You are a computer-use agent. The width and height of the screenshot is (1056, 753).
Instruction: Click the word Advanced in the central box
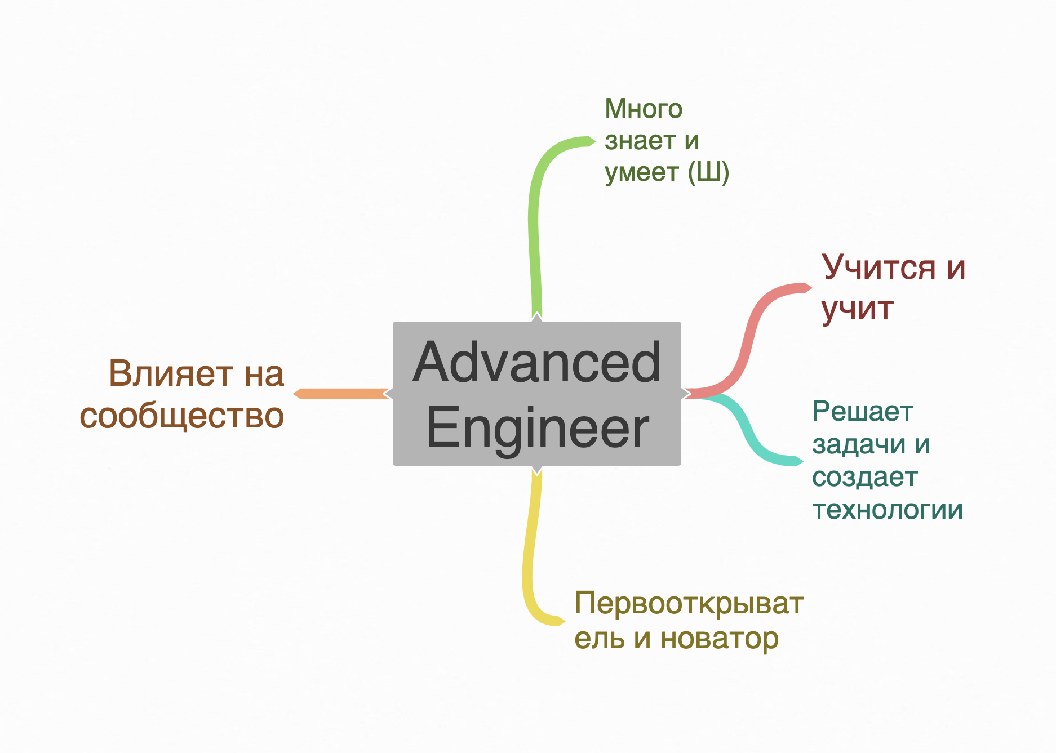pyautogui.click(x=536, y=362)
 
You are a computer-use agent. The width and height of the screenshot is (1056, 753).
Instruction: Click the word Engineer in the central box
pyautogui.click(x=538, y=428)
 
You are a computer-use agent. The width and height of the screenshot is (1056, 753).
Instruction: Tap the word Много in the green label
pyautogui.click(x=643, y=109)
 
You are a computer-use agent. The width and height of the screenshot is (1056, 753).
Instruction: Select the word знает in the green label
pyautogui.click(x=640, y=141)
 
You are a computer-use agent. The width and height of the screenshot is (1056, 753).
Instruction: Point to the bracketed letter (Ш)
pyautogui.click(x=708, y=172)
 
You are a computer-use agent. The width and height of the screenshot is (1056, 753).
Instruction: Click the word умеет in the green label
pyautogui.click(x=641, y=172)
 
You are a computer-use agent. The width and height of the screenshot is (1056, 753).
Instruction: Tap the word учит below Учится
pyautogui.click(x=857, y=309)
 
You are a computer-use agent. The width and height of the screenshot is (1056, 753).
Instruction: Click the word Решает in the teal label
pyautogui.click(x=862, y=412)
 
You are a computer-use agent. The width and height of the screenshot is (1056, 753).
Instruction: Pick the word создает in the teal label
pyautogui.click(x=864, y=478)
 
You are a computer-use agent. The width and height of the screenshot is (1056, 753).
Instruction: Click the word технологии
pyautogui.click(x=888, y=510)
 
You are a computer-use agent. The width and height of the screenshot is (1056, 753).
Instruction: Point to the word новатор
pyautogui.click(x=719, y=639)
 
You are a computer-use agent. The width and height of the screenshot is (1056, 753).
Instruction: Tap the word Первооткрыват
pyautogui.click(x=689, y=604)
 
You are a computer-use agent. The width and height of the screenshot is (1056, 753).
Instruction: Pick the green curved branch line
pyautogui.click(x=534, y=225)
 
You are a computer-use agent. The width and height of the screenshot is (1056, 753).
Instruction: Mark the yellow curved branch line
pyautogui.click(x=530, y=552)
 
